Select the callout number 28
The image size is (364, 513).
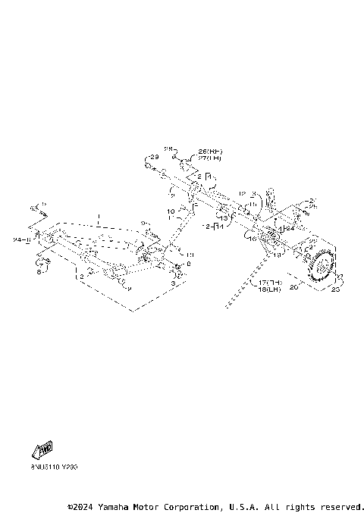[169, 150]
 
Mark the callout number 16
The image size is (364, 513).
[253, 237]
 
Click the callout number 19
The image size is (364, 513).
[278, 255]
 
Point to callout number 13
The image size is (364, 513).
[224, 218]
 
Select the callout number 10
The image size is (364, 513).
[171, 211]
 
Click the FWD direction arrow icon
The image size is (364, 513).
[44, 449]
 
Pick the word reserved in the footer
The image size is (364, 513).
[341, 506]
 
